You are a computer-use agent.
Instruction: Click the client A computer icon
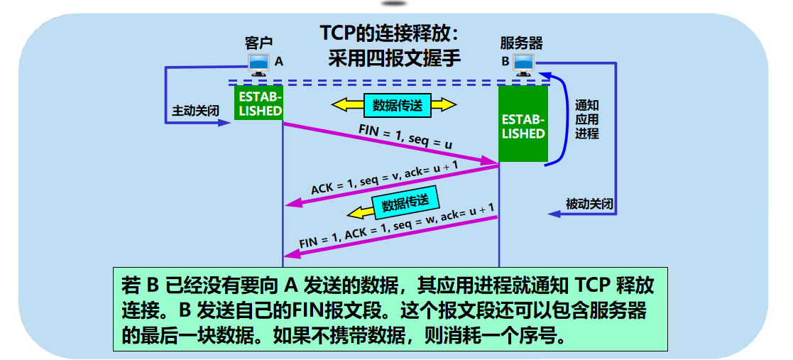[x=258, y=64]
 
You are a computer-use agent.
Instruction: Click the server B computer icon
[x=524, y=64]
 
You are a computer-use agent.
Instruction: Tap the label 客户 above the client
[x=258, y=42]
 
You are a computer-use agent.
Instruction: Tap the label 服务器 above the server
[x=521, y=42]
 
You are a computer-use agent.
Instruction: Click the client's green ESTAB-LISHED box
[x=259, y=104]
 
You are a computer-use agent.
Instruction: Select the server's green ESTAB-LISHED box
[x=523, y=125]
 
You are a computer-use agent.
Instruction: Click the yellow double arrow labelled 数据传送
[x=395, y=105]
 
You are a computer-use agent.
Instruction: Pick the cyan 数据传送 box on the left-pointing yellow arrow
[x=405, y=204]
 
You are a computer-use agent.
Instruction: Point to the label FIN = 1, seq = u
[x=406, y=138]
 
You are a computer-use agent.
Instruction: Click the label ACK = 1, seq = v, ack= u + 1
[x=384, y=178]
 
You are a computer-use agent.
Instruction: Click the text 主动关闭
[x=194, y=111]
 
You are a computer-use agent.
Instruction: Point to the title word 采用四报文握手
[x=394, y=58]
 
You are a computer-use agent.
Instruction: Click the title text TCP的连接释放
[x=390, y=34]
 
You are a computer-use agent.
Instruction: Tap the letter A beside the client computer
[x=279, y=62]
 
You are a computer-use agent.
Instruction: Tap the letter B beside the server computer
[x=505, y=62]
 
